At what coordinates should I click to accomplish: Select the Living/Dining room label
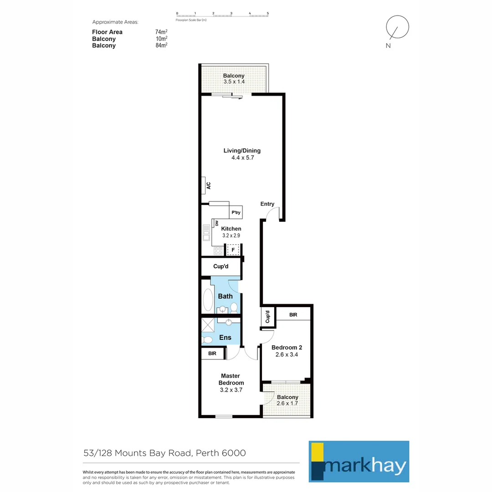[x=242, y=151]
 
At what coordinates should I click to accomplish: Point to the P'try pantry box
[x=236, y=213]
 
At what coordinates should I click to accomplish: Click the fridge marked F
[x=233, y=250]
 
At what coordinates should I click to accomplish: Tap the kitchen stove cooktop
[x=218, y=250]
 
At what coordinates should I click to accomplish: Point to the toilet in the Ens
[x=207, y=339]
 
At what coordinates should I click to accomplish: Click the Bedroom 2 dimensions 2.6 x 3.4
[x=287, y=354]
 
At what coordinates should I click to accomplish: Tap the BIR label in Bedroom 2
[x=293, y=315]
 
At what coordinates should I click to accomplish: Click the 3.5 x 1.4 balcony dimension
[x=234, y=82]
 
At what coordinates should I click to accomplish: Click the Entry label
[x=267, y=204]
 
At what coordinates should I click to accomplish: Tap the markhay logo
[x=359, y=461]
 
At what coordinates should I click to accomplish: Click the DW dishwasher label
[x=217, y=223]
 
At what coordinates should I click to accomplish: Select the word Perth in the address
[x=211, y=453]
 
